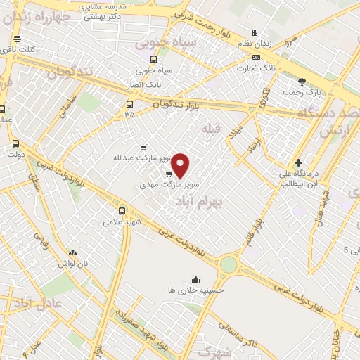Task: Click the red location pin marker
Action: pos(181,165)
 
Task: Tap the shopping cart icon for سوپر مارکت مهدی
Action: pos(169,173)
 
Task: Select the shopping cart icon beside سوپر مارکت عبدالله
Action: pos(143,148)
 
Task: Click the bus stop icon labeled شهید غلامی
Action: pos(123,210)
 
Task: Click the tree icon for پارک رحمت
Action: pos(302,82)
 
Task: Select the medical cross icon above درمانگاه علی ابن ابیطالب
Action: pos(299,162)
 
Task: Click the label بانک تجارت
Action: pos(254,68)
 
